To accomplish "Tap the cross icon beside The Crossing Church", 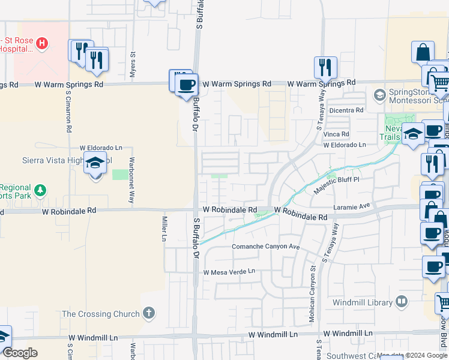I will [x=148, y=313].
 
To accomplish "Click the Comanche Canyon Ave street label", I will [x=266, y=247].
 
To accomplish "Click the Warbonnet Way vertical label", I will [x=130, y=181].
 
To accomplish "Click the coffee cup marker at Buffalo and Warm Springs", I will [x=187, y=85].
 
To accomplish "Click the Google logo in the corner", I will [x=20, y=353].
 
